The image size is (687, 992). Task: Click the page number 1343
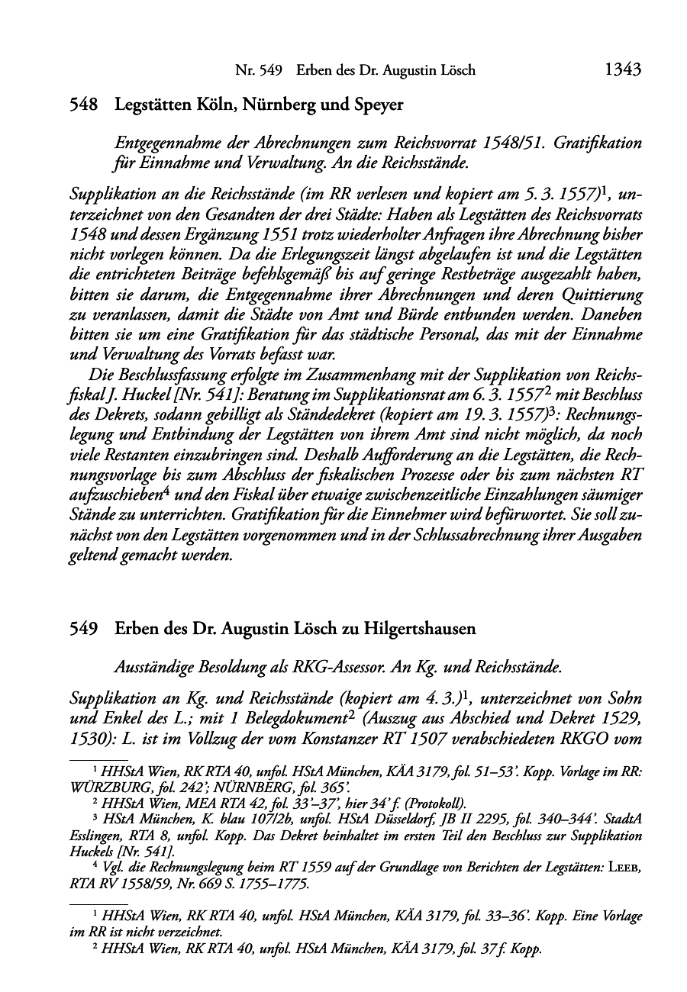(622, 70)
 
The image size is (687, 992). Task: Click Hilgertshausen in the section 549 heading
(411, 630)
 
